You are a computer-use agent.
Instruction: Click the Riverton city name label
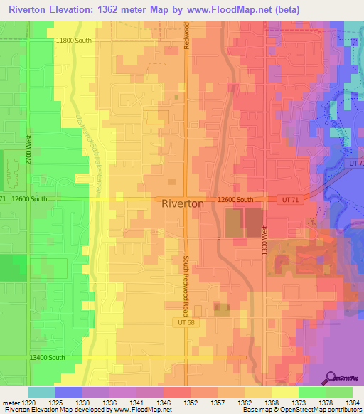[x=183, y=203]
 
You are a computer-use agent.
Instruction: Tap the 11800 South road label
[x=73, y=41]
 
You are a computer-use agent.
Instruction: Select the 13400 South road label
[x=48, y=357]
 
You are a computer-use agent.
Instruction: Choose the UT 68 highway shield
[x=183, y=322]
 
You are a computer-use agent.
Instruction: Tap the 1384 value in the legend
[x=352, y=402]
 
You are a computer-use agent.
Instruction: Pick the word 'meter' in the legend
[x=9, y=402]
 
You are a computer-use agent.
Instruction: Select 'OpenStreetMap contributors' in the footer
[x=325, y=409]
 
